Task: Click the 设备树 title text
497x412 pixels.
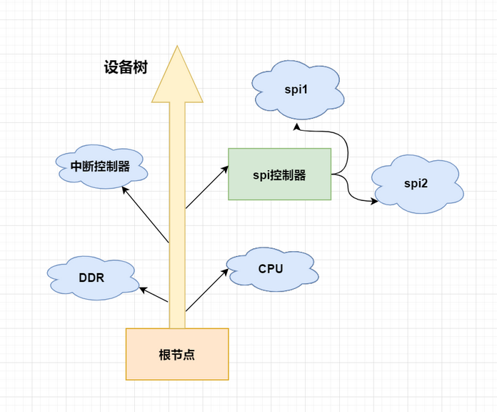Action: pyautogui.click(x=125, y=68)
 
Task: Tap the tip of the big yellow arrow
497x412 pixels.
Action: pyautogui.click(x=177, y=49)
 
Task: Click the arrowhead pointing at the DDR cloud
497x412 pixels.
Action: pyautogui.click(x=143, y=290)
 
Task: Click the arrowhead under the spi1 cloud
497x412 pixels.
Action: pyautogui.click(x=299, y=128)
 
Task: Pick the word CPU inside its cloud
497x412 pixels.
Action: pyautogui.click(x=271, y=269)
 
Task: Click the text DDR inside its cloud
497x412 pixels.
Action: pyautogui.click(x=91, y=277)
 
